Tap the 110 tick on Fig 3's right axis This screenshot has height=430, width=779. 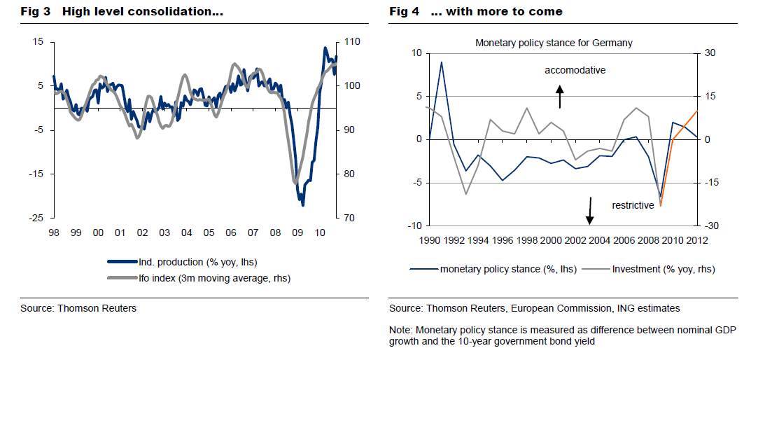point(352,42)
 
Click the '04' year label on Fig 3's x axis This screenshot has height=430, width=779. point(186,233)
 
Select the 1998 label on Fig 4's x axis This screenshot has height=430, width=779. point(527,240)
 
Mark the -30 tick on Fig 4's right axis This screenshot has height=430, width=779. point(712,226)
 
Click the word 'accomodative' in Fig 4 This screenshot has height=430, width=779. point(575,70)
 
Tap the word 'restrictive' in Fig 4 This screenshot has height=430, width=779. point(633,205)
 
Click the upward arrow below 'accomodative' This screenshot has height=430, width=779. point(560,97)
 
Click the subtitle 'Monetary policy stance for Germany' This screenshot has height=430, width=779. point(554,43)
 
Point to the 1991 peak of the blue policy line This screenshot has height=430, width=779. point(441,62)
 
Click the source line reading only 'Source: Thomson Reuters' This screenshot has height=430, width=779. point(78,308)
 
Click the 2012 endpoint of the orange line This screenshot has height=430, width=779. point(697,111)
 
